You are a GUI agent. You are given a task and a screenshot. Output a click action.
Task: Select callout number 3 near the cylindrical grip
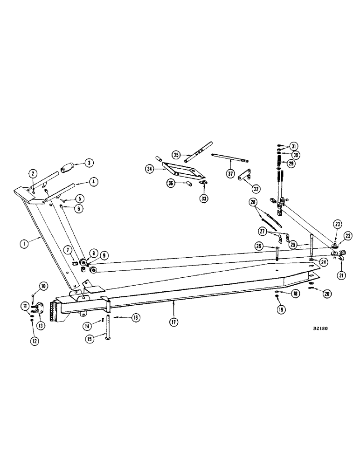click(89, 163)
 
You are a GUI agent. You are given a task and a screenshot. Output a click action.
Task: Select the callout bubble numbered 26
click(272, 246)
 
